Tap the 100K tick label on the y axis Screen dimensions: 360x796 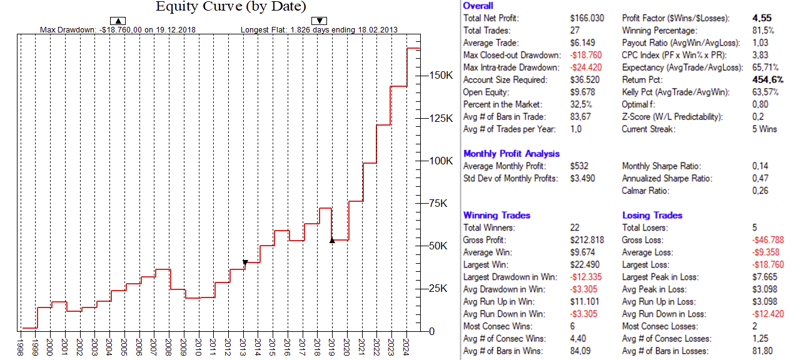tap(440, 161)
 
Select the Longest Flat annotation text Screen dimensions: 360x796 tap(319, 29)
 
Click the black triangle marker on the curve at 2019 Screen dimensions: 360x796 tap(332, 240)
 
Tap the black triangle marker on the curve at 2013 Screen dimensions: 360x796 tap(245, 262)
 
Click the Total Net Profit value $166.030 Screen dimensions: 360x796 tap(587, 18)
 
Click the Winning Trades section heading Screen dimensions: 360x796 tap(496, 215)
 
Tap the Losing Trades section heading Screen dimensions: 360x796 tap(652, 215)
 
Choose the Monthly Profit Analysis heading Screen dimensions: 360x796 tap(511, 153)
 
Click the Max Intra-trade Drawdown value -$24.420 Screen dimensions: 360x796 tap(587, 67)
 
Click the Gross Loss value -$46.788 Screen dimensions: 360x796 tap(767, 240)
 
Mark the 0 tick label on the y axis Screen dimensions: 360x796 tap(431, 331)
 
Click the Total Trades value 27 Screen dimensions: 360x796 tap(575, 31)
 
